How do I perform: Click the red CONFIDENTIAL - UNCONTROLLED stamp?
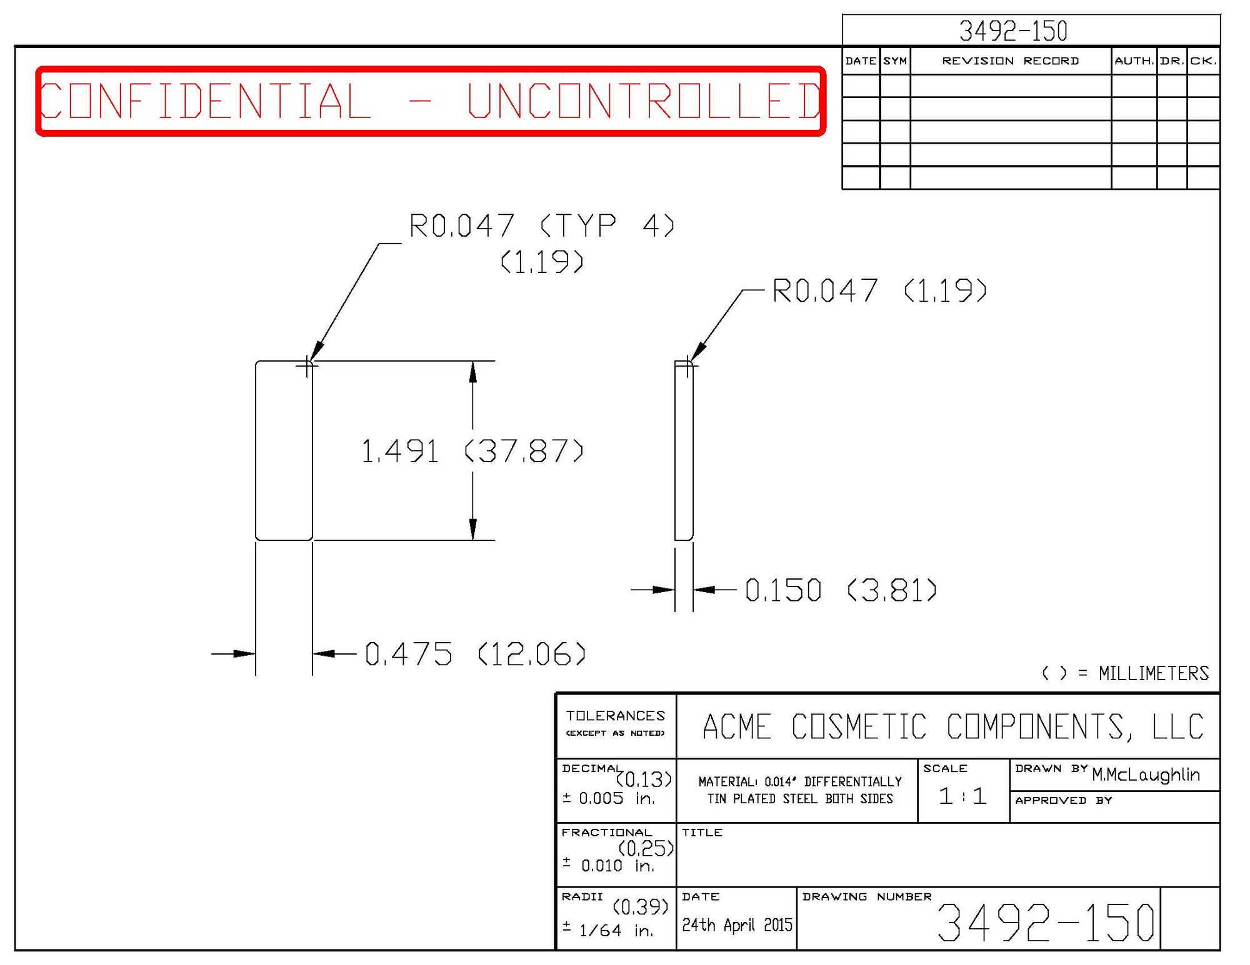(430, 101)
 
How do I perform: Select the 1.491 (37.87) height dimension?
(472, 451)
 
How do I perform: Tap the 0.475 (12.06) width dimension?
(475, 654)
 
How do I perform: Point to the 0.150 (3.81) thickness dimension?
(841, 590)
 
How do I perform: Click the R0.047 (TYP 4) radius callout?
(541, 226)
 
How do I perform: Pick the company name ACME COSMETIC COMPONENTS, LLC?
(952, 727)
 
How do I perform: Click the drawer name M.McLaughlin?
(1146, 775)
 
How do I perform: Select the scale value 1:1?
(962, 796)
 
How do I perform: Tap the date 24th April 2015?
(737, 925)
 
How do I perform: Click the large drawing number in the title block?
(1046, 923)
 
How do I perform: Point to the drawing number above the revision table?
(1013, 31)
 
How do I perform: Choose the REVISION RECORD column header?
(1010, 61)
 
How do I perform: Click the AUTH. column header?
(1134, 61)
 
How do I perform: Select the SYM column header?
(895, 61)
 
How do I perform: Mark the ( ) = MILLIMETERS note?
(1125, 673)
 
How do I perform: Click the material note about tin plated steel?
(800, 790)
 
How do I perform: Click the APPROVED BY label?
(1063, 801)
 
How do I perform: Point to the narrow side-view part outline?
(684, 451)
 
